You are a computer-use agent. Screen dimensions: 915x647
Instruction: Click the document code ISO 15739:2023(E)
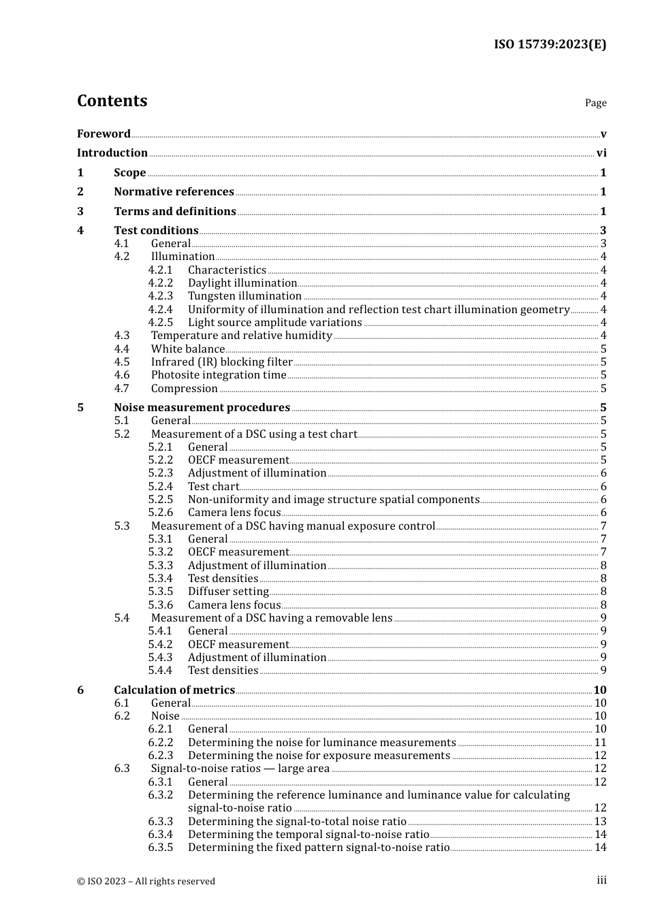coord(550,44)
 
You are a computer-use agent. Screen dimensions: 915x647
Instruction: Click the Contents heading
coord(112,101)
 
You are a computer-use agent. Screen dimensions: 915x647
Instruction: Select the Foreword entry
coord(104,133)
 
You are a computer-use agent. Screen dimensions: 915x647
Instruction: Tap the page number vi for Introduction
coord(601,153)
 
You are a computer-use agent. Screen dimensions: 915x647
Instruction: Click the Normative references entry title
coord(174,192)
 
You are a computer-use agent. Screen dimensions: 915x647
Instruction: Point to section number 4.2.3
coord(161,296)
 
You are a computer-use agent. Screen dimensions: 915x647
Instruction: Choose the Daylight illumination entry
coord(242,283)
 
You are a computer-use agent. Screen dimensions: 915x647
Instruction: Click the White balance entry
coord(188,349)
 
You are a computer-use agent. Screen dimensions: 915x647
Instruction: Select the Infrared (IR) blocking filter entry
coord(222,362)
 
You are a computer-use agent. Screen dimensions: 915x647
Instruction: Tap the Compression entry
coord(185,389)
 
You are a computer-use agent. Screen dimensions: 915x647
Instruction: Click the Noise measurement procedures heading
coord(202,408)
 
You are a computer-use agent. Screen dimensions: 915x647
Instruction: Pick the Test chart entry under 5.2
coord(213,487)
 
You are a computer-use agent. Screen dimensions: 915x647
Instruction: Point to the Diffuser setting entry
coord(228,592)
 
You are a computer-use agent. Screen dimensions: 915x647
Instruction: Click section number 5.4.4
coord(161,671)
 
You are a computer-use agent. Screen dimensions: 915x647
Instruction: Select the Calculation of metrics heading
coord(174,690)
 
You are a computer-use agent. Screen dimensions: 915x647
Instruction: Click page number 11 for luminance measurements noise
coord(600,743)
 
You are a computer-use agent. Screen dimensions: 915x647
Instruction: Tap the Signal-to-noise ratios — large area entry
coord(240,769)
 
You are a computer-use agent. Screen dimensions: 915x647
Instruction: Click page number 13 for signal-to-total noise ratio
coord(600,822)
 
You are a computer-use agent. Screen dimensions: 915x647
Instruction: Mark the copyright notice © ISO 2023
coord(146,881)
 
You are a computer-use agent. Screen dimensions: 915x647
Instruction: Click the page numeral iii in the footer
coord(601,880)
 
